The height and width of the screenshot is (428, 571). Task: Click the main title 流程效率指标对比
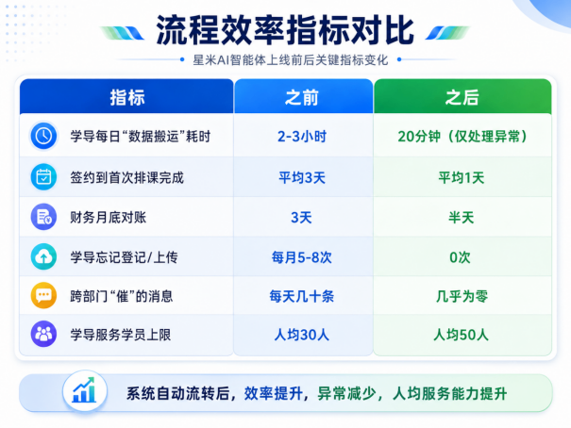(285, 31)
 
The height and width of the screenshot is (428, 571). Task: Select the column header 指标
(127, 98)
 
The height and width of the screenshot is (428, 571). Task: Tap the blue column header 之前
(302, 98)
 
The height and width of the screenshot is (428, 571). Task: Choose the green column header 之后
(462, 98)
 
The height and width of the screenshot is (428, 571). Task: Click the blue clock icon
(43, 137)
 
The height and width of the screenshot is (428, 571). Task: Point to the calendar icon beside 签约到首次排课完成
(43, 177)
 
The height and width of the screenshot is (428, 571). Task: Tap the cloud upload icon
(43, 256)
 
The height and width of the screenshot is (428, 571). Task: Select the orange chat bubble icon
(43, 295)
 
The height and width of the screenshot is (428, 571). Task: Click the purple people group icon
(43, 334)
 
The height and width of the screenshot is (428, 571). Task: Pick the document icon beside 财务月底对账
(43, 217)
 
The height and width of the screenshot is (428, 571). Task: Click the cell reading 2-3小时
(302, 137)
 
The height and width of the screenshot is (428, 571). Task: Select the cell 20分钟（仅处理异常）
(462, 137)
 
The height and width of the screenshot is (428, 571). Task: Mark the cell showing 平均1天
(462, 178)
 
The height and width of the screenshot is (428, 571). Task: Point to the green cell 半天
(462, 218)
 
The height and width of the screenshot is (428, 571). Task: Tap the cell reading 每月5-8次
(302, 257)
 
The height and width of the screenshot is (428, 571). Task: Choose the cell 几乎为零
(462, 296)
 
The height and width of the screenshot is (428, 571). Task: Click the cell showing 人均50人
(461, 335)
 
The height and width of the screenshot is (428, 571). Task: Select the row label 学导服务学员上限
(121, 335)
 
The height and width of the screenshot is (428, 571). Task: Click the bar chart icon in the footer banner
(85, 391)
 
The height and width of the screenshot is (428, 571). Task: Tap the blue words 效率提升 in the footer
(274, 393)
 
